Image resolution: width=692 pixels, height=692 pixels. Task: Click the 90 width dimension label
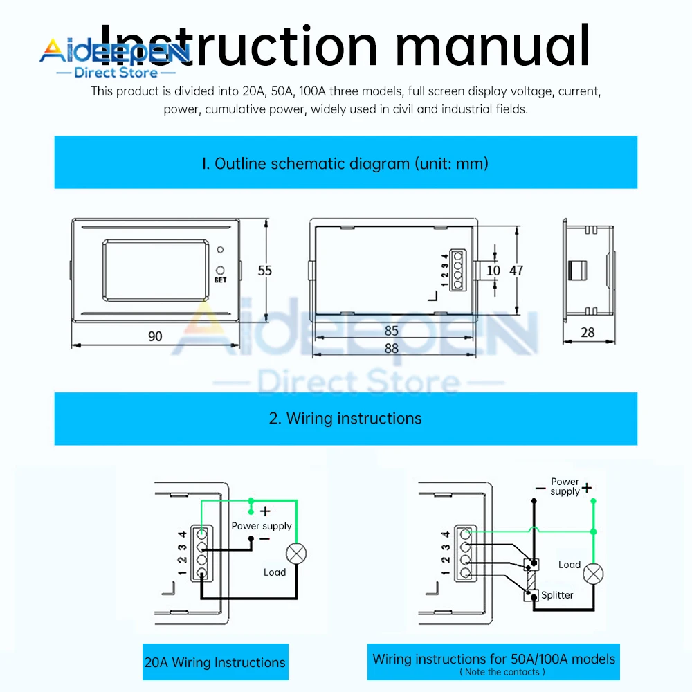click(155, 336)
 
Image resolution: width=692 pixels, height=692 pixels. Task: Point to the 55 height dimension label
click(265, 271)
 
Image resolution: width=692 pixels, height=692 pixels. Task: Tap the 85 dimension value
click(391, 331)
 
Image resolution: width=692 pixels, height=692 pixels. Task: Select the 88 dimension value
click(392, 348)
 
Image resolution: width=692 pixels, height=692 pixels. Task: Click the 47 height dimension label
click(516, 271)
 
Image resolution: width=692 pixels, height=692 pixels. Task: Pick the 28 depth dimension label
click(588, 332)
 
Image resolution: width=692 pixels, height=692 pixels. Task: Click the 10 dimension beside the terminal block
click(493, 271)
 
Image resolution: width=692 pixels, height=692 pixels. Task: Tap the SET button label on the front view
click(220, 280)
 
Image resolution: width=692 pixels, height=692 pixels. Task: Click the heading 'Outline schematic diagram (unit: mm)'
click(345, 163)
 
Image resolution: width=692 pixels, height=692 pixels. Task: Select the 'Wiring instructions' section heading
click(345, 418)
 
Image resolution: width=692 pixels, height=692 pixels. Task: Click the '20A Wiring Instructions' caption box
click(215, 662)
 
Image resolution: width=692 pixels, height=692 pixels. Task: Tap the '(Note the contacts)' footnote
click(502, 671)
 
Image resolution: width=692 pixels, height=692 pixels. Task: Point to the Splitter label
click(557, 594)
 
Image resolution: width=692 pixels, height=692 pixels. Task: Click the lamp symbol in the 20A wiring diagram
click(296, 554)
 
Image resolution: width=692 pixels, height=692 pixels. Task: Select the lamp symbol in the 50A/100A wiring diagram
click(593, 574)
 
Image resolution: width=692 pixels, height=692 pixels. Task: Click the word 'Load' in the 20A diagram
click(275, 572)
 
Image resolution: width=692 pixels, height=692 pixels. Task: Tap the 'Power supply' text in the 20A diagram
click(262, 526)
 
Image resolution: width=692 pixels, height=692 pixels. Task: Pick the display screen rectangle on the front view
click(156, 270)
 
